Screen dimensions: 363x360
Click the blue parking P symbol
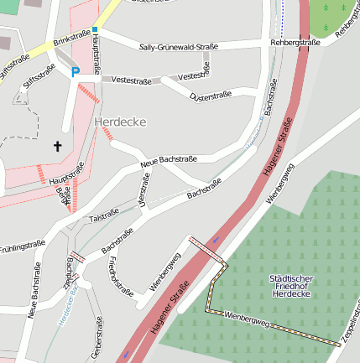coord(76,72)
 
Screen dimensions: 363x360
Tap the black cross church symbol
coord(58,147)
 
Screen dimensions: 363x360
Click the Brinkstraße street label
coord(70,39)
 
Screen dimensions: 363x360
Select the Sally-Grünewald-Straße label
coord(173,48)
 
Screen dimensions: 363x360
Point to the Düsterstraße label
coord(211,96)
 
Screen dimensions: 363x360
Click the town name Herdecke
coord(121,122)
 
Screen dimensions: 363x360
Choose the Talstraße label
coord(104,217)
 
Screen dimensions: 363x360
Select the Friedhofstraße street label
coord(120,277)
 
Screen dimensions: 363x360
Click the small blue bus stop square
coord(95,29)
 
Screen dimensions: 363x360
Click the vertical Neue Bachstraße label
coord(35,290)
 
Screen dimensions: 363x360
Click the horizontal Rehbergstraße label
coord(295,41)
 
